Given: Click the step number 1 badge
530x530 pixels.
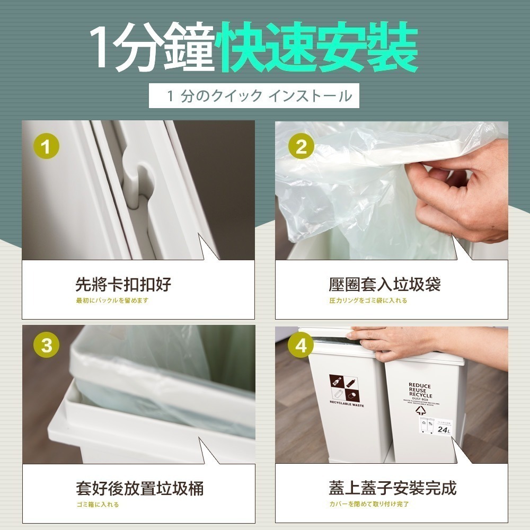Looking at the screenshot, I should tap(47, 147).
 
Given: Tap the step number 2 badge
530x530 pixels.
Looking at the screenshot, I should tap(301, 147).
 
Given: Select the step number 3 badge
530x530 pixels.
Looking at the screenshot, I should tap(47, 346).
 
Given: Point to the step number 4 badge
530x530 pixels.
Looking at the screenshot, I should tap(301, 346).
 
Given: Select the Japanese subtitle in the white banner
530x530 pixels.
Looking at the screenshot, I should tap(259, 96).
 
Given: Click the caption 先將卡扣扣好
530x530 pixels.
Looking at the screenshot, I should tap(123, 285).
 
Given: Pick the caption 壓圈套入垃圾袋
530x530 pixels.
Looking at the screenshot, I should tap(384, 285).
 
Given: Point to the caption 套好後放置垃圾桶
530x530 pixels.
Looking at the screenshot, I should tap(139, 488).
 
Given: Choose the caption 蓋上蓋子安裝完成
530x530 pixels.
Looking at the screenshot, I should tap(393, 488).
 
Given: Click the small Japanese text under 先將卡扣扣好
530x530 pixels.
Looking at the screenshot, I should tap(112, 301).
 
